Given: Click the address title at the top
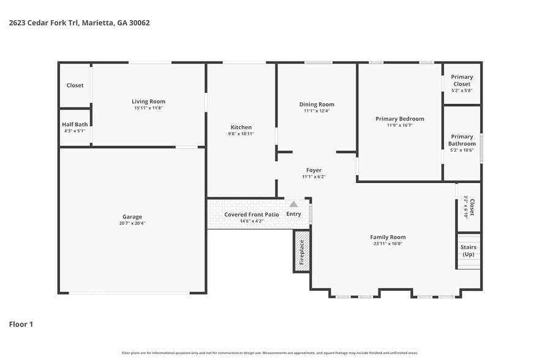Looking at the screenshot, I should (x=79, y=23).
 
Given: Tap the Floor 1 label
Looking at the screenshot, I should (x=21, y=324).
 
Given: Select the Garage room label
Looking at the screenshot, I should (x=132, y=217).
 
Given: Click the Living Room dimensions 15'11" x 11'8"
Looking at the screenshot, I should (x=148, y=108).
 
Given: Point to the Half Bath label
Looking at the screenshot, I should (x=75, y=124).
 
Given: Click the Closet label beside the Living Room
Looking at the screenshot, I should (x=75, y=86).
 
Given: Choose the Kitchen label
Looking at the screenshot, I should (x=241, y=127).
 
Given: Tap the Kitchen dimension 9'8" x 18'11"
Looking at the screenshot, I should (x=241, y=133).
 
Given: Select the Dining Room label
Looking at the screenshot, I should (x=317, y=104).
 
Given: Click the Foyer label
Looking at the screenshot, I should (x=313, y=170).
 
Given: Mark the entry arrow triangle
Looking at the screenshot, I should (x=294, y=204).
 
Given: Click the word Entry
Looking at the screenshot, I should (x=294, y=214).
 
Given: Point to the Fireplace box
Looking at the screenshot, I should (x=301, y=251).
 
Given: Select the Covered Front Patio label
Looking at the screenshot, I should (x=251, y=214).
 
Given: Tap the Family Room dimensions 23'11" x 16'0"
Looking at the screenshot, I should (x=388, y=244).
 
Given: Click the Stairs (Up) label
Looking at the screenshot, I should (x=468, y=250).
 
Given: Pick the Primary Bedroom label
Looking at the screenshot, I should (x=399, y=119).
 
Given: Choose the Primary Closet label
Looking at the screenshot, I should (x=462, y=80).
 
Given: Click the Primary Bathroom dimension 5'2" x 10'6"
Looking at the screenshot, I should (x=462, y=151).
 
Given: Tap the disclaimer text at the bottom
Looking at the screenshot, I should (x=269, y=353).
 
